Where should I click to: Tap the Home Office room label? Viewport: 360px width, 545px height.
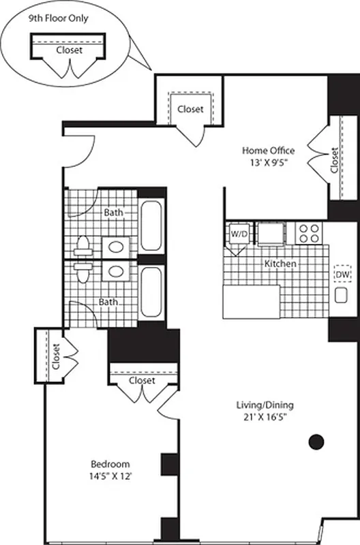[269, 151]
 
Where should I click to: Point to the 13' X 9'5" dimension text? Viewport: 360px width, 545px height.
[269, 163]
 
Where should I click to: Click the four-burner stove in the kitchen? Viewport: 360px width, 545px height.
[309, 234]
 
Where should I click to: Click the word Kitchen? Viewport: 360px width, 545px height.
[280, 263]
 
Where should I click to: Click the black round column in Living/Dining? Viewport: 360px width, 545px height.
[316, 442]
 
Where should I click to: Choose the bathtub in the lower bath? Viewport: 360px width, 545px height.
[151, 292]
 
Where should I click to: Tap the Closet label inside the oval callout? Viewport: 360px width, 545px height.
[70, 50]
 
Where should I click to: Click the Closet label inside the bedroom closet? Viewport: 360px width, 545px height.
[142, 380]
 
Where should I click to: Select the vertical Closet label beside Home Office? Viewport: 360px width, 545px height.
[334, 160]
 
